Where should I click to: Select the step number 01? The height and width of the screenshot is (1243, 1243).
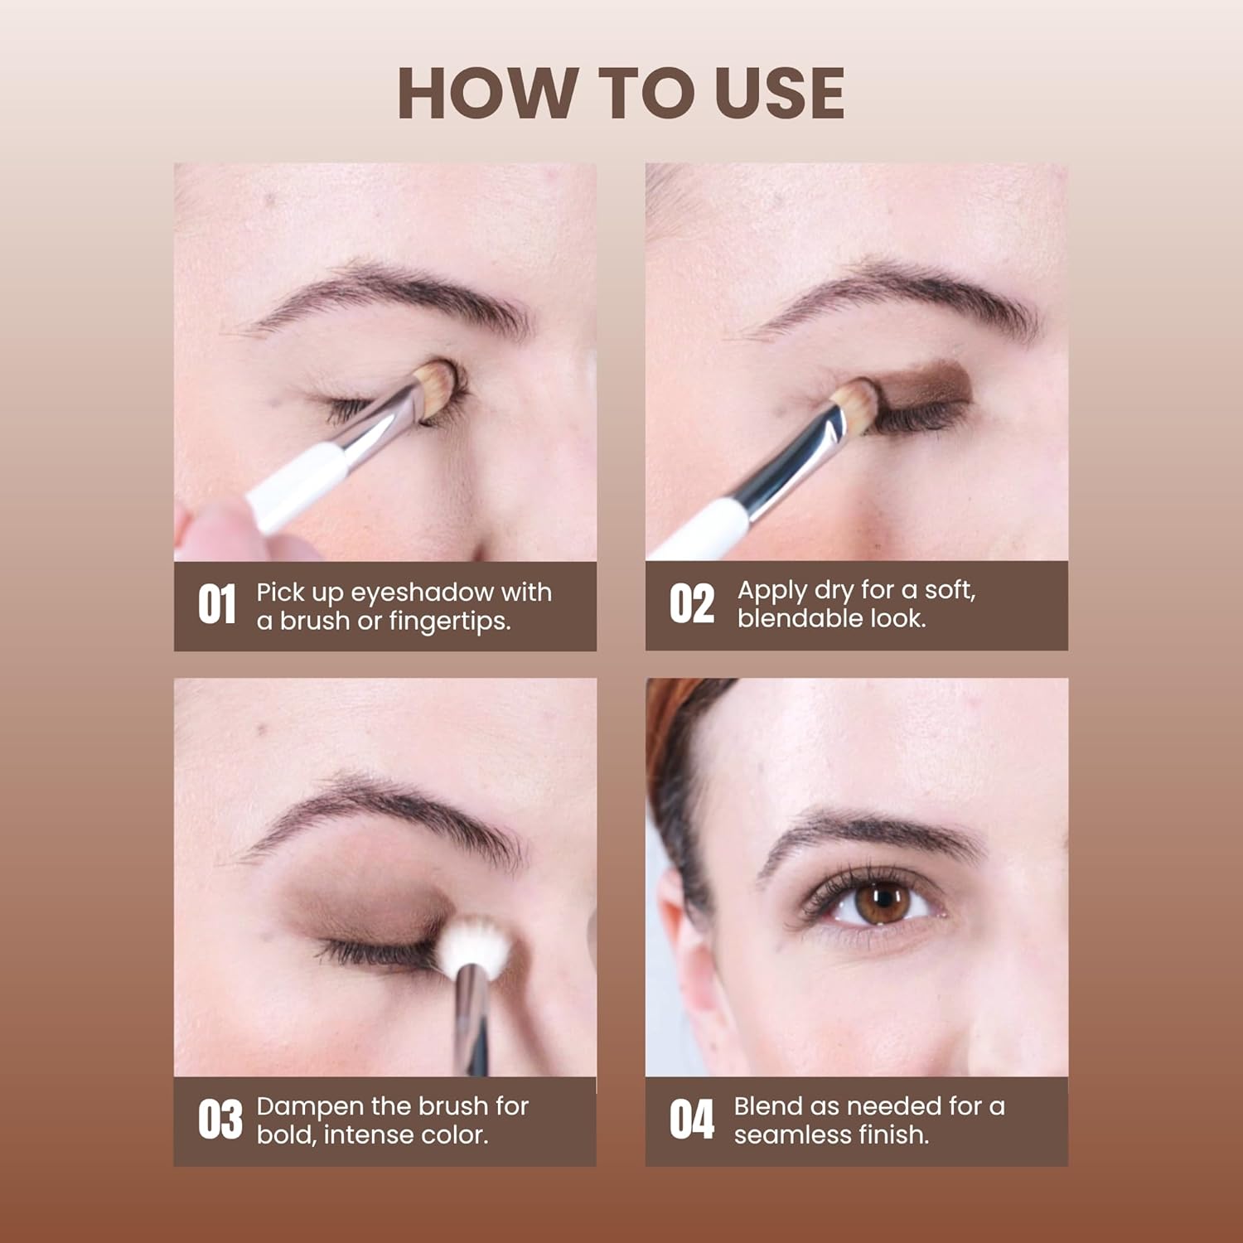point(217,604)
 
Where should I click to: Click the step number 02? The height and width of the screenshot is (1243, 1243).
point(691,604)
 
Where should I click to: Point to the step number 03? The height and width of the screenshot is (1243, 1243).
point(220,1120)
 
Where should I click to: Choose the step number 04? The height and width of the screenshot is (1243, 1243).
point(691,1120)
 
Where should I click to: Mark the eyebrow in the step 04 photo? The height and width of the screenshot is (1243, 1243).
point(870,833)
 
